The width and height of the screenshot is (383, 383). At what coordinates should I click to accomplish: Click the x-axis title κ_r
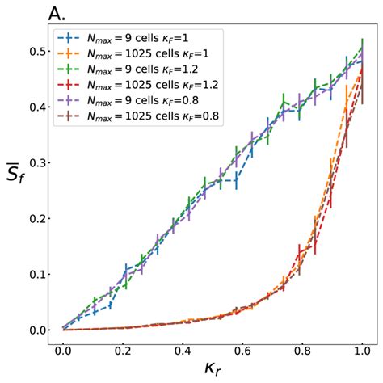tap(212, 369)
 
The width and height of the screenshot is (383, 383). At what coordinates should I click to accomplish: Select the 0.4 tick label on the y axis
tap(35, 107)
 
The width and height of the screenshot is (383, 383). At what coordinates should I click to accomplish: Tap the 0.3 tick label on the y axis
tap(35, 162)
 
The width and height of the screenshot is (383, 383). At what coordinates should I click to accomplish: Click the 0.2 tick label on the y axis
tap(35, 218)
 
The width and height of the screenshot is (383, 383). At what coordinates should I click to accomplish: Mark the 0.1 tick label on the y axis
tap(35, 274)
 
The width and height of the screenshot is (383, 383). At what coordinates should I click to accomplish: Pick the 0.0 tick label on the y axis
tap(35, 330)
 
